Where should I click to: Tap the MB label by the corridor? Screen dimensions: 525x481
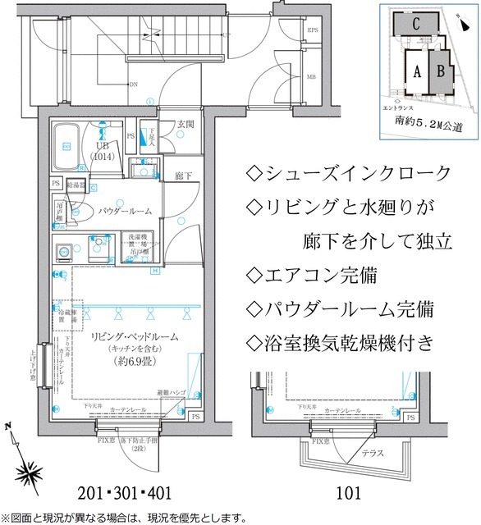click(x=312, y=77)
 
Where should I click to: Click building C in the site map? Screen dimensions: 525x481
click(x=417, y=25)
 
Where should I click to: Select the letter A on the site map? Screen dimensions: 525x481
click(x=416, y=71)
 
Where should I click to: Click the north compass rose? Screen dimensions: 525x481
click(x=30, y=471)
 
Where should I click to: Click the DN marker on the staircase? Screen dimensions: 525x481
click(x=133, y=83)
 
